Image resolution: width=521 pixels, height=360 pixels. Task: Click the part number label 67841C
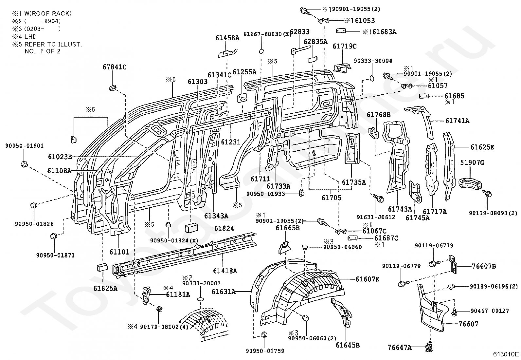click(115, 67)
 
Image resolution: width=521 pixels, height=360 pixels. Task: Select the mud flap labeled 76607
click(431, 307)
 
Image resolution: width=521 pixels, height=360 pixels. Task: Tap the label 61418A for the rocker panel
click(225, 271)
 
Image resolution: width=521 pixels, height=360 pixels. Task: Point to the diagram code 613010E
click(506, 354)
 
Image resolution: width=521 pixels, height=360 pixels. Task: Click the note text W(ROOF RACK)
click(48, 13)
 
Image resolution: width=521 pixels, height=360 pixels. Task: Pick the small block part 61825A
click(102, 267)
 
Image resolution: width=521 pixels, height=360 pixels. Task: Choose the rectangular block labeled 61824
click(191, 228)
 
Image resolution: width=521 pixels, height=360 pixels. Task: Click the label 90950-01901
click(25, 146)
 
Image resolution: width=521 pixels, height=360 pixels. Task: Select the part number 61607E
click(367, 279)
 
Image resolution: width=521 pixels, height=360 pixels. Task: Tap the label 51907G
click(472, 162)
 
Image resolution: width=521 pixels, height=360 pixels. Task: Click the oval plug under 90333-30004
click(372, 78)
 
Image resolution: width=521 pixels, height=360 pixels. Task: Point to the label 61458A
click(227, 38)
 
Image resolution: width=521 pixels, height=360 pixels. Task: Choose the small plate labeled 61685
click(424, 96)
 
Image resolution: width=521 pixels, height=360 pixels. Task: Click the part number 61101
click(119, 252)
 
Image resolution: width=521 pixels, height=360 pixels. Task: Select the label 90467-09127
click(490, 311)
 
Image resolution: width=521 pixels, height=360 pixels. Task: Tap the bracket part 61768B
click(373, 133)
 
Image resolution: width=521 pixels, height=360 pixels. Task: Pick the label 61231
click(230, 142)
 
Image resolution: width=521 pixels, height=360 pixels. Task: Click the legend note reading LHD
click(30, 37)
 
